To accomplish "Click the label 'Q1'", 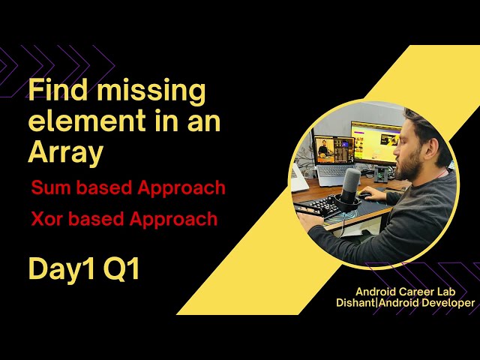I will [x=122, y=269].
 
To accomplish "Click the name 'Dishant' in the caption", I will [x=361, y=302].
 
